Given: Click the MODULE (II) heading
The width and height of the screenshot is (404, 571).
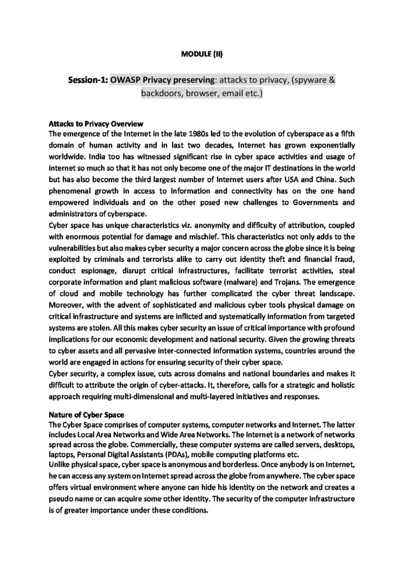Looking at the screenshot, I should click(202, 54).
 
